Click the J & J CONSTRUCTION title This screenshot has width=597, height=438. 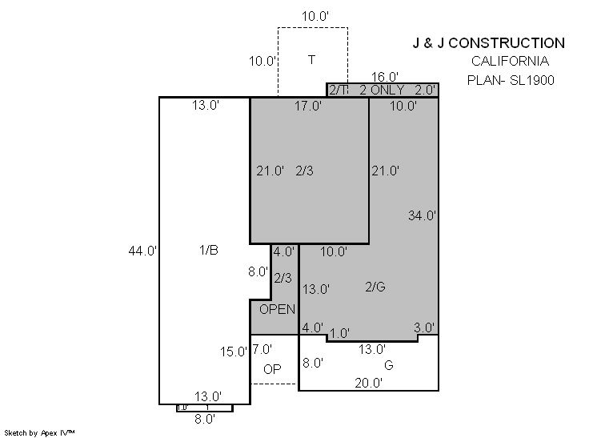click(x=489, y=43)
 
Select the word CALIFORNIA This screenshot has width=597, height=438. click(x=511, y=61)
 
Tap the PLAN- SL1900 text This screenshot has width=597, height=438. click(x=511, y=80)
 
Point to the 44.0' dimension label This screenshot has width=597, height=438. click(x=142, y=251)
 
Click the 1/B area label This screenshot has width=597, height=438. click(x=209, y=250)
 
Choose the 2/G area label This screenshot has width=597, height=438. click(x=375, y=287)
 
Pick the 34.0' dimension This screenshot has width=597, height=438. click(x=422, y=215)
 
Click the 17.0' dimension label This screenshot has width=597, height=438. click(x=308, y=106)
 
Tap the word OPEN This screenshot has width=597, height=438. click(x=277, y=309)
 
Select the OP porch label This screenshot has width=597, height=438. click(x=272, y=369)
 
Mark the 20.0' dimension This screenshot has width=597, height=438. click(x=369, y=383)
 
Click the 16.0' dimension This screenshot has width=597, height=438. click(x=385, y=77)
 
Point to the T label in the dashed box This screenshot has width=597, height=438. click(x=312, y=60)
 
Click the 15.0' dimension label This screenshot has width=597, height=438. click(x=234, y=352)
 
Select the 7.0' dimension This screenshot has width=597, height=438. click(x=262, y=349)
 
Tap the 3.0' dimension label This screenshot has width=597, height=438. click(x=424, y=327)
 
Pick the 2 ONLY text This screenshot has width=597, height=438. click(x=382, y=90)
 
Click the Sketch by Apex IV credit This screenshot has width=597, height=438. click(x=39, y=433)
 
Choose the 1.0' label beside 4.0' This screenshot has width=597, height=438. click(x=339, y=334)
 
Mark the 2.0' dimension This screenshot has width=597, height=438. click(x=425, y=90)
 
